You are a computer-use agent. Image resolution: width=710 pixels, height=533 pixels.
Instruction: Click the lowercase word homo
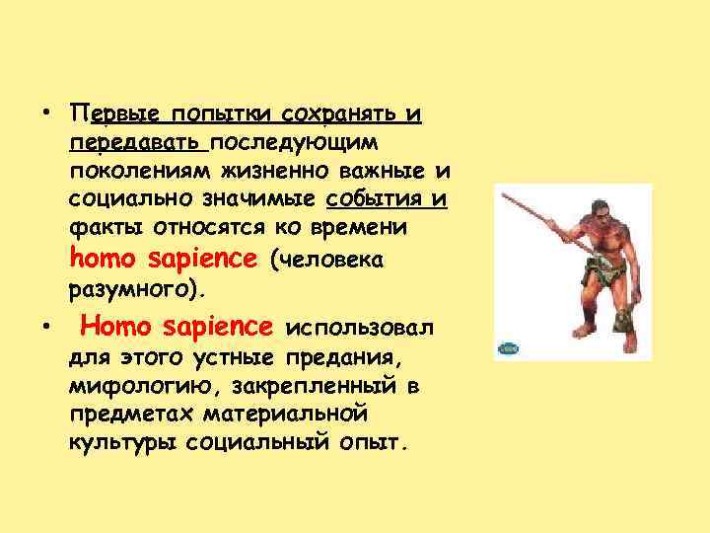(x=106, y=260)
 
